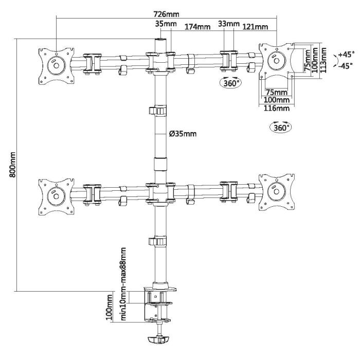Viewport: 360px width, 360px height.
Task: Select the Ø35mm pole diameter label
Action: tap(183, 135)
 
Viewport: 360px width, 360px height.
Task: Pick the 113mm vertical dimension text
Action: tap(323, 59)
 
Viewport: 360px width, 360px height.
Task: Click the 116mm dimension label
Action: tap(276, 109)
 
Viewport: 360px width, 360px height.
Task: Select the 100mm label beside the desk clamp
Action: tap(110, 307)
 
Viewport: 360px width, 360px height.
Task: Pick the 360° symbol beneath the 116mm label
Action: tap(280, 127)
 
